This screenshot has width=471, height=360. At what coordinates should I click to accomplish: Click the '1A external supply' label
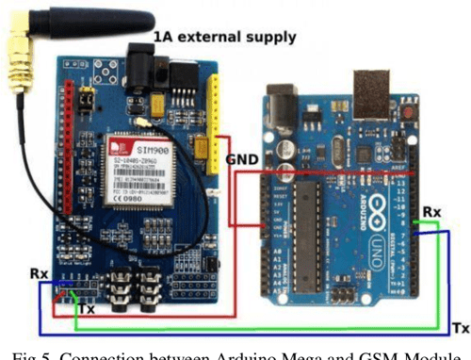tap(223, 37)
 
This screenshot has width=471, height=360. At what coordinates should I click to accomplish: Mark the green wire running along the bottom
tap(235, 325)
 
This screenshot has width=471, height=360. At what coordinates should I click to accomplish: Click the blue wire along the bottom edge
tap(235, 336)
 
